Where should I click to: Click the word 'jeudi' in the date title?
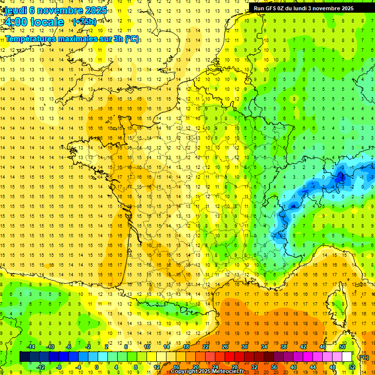click(x=15, y=10)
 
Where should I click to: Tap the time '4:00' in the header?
click(x=17, y=22)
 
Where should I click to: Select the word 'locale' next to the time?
click(x=47, y=22)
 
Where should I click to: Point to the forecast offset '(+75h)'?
click(x=84, y=22)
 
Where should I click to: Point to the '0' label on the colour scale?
click(x=97, y=367)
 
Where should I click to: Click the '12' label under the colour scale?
click(x=156, y=367)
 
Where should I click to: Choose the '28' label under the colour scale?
click(x=234, y=367)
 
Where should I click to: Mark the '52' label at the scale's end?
click(x=352, y=367)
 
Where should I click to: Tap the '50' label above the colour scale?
click(x=342, y=347)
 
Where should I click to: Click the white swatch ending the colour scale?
click(x=347, y=357)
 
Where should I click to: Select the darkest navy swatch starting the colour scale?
click(x=24, y=357)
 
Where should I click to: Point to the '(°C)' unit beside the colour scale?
click(x=363, y=357)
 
